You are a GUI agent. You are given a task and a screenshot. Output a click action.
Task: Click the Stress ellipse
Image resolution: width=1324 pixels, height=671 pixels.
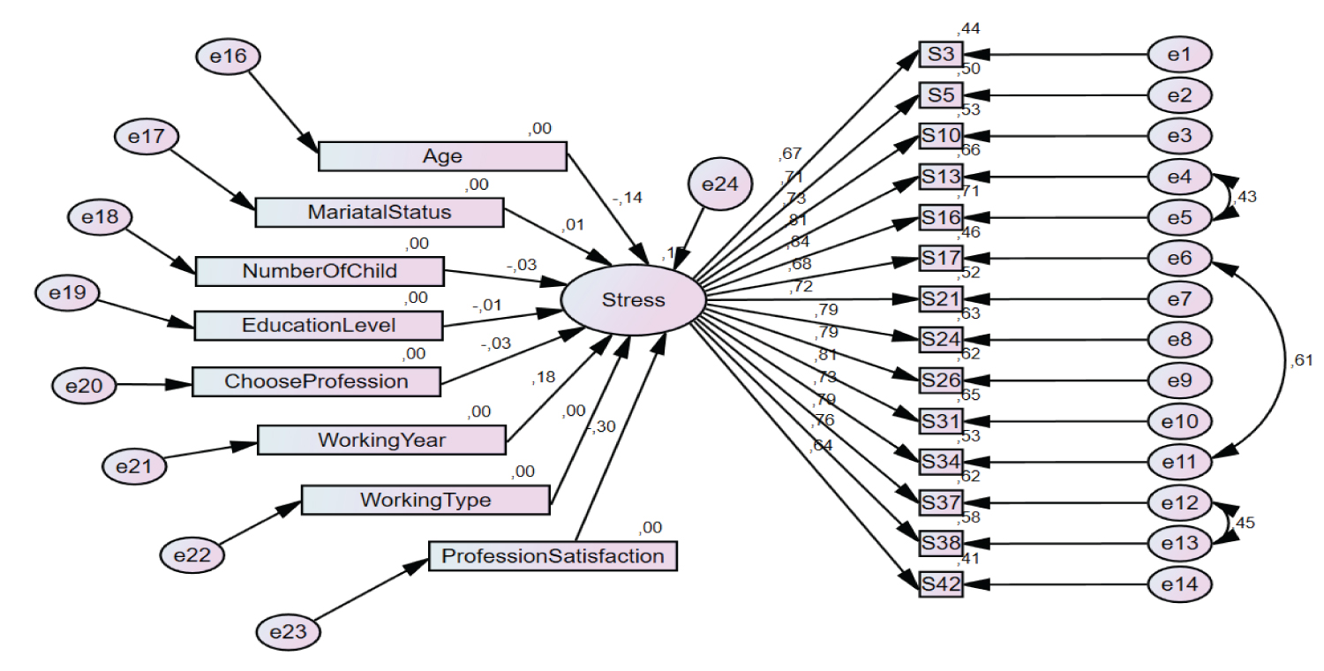click(x=633, y=300)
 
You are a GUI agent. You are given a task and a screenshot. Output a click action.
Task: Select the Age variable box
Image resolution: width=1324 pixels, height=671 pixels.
click(x=441, y=156)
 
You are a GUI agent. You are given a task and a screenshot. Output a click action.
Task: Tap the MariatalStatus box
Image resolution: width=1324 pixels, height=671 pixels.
click(x=379, y=213)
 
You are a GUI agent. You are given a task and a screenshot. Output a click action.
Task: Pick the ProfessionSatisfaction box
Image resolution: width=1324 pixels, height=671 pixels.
click(x=553, y=556)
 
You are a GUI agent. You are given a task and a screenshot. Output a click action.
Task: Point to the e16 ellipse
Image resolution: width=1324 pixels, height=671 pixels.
click(x=227, y=56)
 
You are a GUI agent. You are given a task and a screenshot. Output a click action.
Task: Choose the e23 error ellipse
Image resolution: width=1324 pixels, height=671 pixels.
click(x=288, y=632)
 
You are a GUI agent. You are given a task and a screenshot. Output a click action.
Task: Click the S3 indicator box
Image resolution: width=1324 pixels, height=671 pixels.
click(x=940, y=55)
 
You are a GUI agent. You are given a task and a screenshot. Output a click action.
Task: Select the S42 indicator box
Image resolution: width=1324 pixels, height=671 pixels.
click(x=940, y=584)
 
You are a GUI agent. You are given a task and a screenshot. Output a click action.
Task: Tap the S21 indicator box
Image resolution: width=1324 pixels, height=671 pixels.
click(x=940, y=298)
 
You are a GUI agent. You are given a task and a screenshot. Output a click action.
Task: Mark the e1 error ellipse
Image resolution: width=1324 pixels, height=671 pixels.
click(x=1179, y=55)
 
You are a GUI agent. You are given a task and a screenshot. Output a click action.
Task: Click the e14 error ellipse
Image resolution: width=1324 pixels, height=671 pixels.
click(x=1179, y=584)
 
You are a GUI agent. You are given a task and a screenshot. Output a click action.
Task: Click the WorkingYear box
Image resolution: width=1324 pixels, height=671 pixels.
click(x=381, y=439)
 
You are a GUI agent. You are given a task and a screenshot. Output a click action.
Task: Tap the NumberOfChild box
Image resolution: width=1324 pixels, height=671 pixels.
click(x=319, y=270)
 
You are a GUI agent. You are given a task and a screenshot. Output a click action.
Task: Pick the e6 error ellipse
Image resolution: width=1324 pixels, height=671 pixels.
click(x=1179, y=258)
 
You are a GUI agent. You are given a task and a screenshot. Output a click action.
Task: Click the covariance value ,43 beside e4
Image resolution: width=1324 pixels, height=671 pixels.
click(x=1247, y=196)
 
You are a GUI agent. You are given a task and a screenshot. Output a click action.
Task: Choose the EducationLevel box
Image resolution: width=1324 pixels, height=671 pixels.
click(x=318, y=325)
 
